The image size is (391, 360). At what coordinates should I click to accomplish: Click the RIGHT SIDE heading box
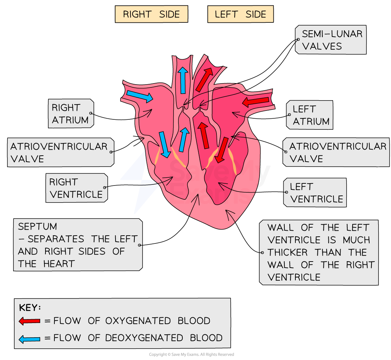151,15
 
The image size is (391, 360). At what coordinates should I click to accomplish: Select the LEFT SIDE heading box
240,15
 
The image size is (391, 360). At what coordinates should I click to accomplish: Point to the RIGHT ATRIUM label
70,114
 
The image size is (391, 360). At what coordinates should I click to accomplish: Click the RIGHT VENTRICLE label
76,188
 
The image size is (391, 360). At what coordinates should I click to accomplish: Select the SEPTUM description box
77,245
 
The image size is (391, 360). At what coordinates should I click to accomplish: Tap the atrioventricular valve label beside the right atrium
60,152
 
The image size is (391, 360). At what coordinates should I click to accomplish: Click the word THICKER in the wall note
287,252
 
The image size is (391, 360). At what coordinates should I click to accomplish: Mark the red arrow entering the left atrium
256,102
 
